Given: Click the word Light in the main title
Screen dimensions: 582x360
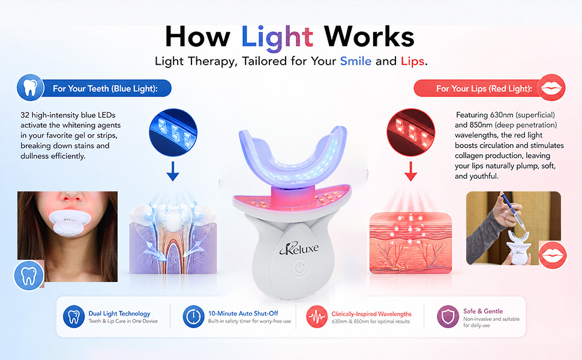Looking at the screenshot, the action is pos(277,38).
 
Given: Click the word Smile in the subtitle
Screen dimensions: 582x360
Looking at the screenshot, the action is pos(356,61).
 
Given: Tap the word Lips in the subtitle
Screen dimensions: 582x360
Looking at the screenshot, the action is pos(412,61).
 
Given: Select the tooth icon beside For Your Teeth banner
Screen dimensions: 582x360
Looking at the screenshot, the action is pos(30,88).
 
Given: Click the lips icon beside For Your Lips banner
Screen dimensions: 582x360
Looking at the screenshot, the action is pos(551,88).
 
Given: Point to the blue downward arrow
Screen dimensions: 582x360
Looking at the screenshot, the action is pos(173,171).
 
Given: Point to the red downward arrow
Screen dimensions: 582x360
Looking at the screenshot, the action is pos(410,171).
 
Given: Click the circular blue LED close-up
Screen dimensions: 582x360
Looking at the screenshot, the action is pos(173,132).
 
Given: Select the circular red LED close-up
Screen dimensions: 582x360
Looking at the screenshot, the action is pos(410,132).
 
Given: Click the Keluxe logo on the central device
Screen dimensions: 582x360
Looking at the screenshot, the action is pos(299,248).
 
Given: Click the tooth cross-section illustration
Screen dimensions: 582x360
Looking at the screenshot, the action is pos(173,238).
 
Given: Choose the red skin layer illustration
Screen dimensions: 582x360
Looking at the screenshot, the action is pos(410,243).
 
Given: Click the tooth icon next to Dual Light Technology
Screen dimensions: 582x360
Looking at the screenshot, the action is pos(74,317).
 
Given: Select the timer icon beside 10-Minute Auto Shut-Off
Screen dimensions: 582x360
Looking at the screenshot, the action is pos(193,317).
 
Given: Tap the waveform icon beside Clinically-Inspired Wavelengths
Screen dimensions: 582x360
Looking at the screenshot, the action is pos(317,317).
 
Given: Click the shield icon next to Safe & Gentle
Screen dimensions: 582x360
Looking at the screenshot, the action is pos(448,317).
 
